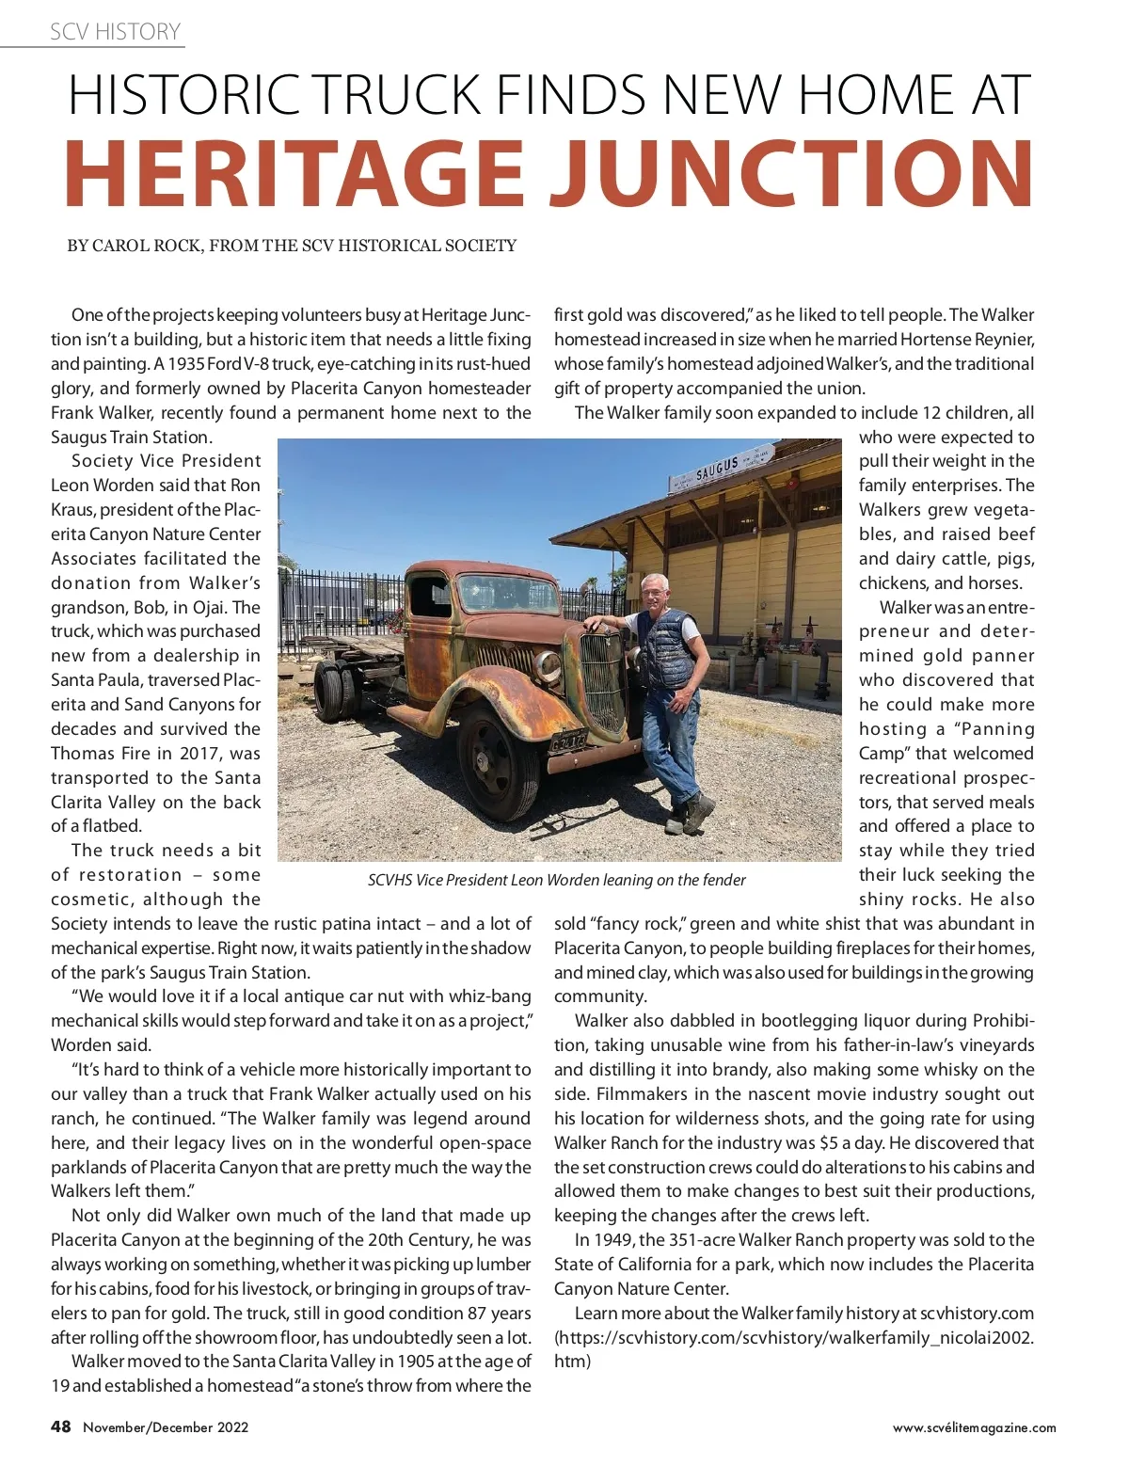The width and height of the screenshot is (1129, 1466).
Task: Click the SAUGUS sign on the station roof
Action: tap(718, 469)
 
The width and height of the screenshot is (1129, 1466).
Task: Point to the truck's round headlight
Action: tap(548, 666)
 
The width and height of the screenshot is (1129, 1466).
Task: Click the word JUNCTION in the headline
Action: tap(792, 174)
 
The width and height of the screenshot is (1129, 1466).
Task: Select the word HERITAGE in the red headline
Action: tap(294, 174)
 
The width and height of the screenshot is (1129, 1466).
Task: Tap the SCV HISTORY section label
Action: tap(115, 32)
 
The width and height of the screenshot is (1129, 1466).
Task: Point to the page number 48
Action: tap(60, 1426)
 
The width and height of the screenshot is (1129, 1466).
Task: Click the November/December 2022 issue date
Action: tap(166, 1427)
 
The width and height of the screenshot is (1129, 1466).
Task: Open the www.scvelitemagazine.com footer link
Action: tap(974, 1427)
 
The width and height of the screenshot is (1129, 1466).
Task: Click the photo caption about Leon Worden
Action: tap(556, 880)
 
